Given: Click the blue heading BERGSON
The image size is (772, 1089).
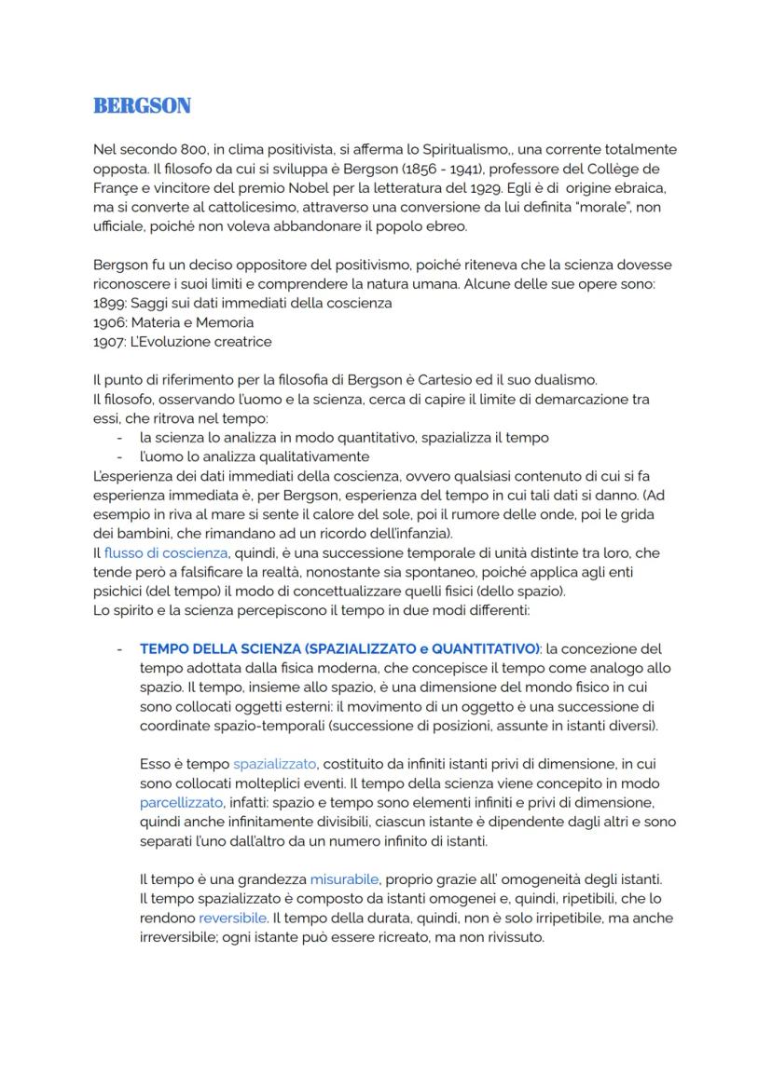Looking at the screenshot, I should (x=142, y=106).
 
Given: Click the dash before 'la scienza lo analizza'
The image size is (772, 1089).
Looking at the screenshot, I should (x=119, y=437).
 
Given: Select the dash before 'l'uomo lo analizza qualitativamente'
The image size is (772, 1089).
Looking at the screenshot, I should (x=119, y=456).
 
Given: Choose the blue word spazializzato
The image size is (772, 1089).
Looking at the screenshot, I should (x=275, y=764).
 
